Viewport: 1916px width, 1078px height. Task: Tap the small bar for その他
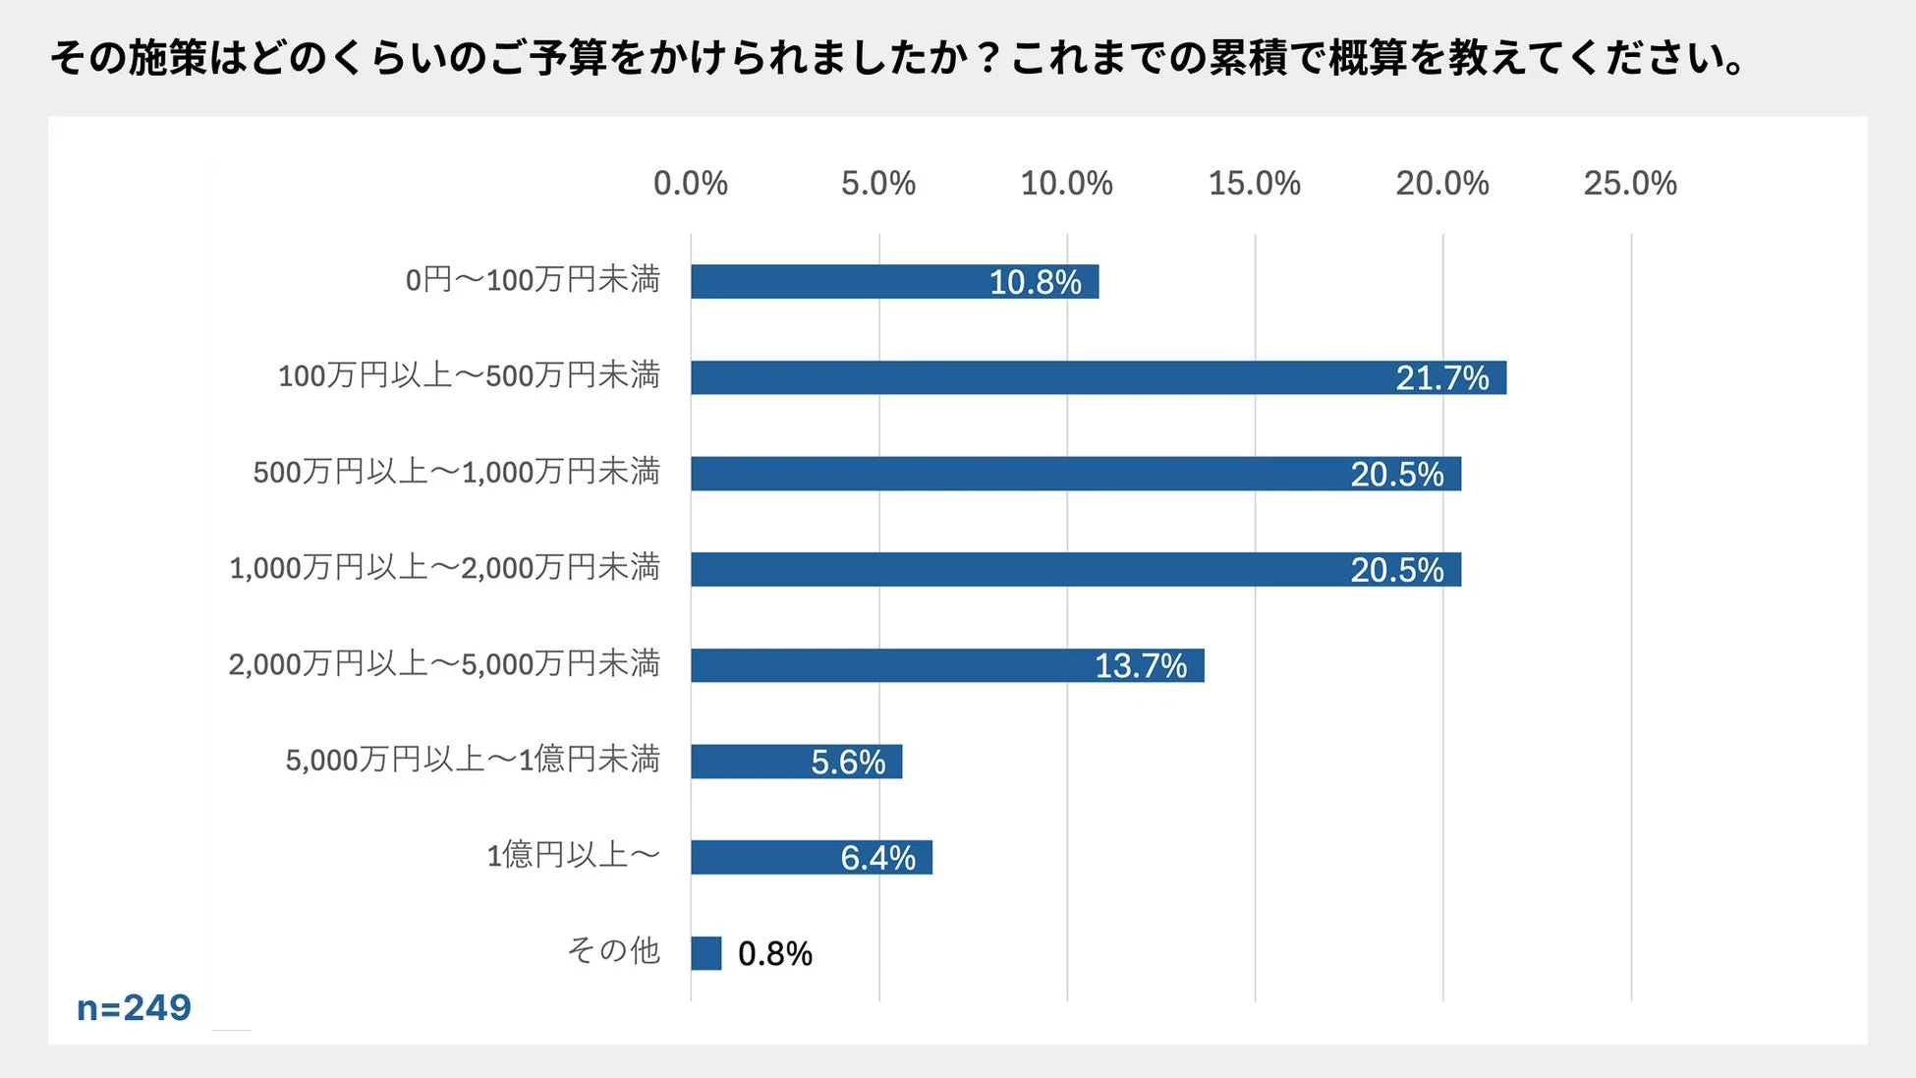coord(705,953)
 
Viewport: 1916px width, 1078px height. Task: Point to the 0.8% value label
coord(775,953)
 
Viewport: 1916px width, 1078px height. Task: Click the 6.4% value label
coord(877,858)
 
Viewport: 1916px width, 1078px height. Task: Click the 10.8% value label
coord(1035,282)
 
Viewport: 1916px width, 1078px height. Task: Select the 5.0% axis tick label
coord(877,183)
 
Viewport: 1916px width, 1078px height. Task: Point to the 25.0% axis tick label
coord(1629,183)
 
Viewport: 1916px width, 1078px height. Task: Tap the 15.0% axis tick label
coord(1254,183)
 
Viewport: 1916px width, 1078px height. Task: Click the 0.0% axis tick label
coord(690,183)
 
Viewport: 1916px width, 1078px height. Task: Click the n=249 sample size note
coord(134,1007)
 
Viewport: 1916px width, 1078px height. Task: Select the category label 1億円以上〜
coord(573,855)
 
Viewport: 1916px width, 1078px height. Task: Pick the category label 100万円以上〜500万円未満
coord(469,375)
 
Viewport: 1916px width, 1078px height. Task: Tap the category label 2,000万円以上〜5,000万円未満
coord(444,663)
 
